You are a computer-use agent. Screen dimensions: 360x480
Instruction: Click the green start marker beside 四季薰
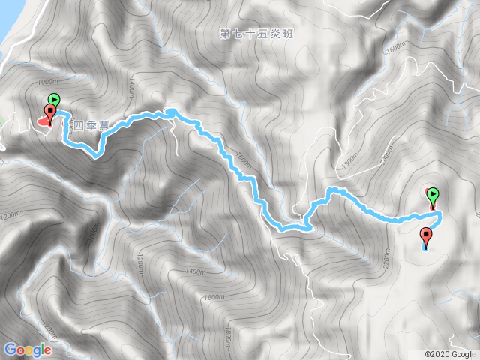[54, 99]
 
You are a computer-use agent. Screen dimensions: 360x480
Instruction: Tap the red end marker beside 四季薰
[50, 114]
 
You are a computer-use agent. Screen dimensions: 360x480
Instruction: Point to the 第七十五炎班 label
[253, 34]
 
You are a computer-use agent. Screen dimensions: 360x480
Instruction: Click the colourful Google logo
[28, 349]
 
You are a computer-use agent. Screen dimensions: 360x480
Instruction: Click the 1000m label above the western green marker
[46, 82]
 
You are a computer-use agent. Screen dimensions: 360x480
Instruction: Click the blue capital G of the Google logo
[10, 349]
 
